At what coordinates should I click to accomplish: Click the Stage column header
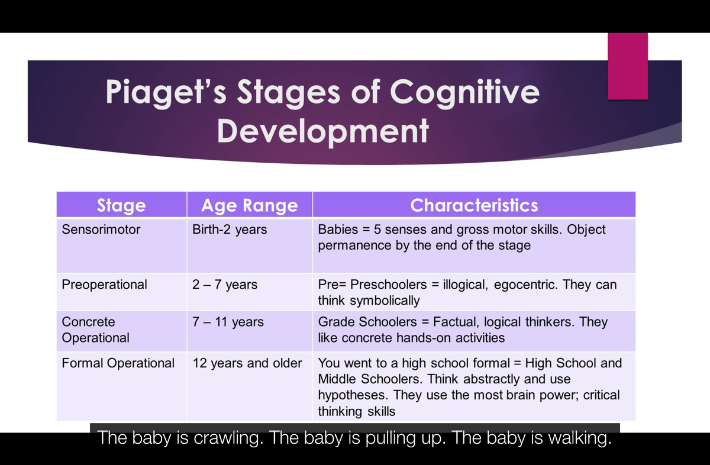click(121, 205)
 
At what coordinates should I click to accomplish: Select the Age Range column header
click(249, 205)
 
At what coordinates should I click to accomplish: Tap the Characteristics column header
click(474, 205)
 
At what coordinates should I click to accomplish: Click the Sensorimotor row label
click(101, 230)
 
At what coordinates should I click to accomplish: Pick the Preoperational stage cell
click(104, 285)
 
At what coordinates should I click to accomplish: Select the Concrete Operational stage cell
click(95, 330)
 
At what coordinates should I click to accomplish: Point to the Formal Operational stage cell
click(118, 363)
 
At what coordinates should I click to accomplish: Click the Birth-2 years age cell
click(230, 230)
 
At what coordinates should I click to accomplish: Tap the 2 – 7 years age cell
click(225, 285)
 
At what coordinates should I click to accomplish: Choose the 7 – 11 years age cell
click(228, 322)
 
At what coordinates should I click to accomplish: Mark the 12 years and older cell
click(247, 363)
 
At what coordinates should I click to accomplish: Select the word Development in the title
click(322, 131)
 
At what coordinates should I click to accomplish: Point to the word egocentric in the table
click(525, 285)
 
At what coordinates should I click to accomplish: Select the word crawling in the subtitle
click(218, 440)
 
